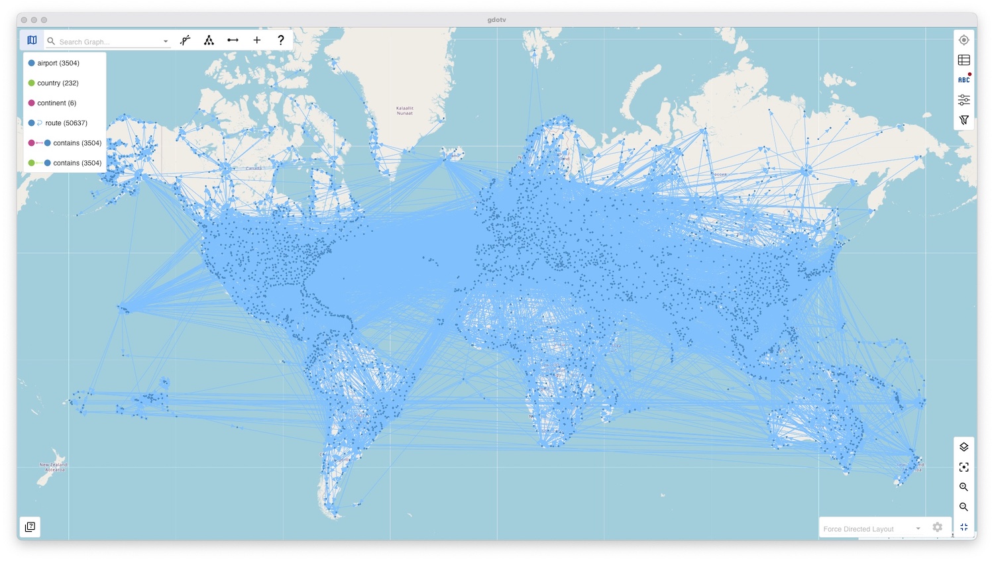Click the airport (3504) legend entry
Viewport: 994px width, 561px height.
click(58, 64)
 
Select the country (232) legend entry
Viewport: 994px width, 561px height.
click(57, 83)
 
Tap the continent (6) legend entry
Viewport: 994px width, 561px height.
click(56, 103)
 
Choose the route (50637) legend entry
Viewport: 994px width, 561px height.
click(66, 123)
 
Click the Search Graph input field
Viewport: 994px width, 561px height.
click(109, 42)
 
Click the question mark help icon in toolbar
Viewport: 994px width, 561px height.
click(281, 40)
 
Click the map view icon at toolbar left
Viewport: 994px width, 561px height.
click(32, 40)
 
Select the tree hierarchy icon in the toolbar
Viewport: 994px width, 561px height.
click(209, 40)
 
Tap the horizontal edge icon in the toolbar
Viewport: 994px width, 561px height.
click(233, 40)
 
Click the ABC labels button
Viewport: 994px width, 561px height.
click(964, 80)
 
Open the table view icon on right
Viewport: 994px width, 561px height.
click(964, 60)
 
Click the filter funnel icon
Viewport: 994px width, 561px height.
click(964, 120)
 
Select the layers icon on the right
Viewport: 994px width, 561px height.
click(964, 447)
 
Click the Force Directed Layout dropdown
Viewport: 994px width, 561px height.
click(871, 529)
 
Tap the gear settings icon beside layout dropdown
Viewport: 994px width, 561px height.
click(937, 527)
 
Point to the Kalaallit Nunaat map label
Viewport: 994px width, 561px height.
click(405, 111)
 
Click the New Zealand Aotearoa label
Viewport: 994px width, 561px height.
click(53, 467)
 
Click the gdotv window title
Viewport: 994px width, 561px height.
click(496, 20)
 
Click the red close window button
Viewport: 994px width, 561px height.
click(24, 20)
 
